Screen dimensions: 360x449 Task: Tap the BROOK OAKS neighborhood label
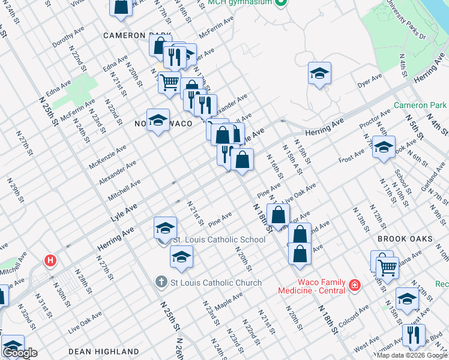[x=405, y=239]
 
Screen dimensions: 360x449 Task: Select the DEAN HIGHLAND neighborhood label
[x=104, y=352]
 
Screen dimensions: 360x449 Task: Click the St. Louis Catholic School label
[x=218, y=240]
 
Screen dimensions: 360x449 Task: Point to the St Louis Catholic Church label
[x=216, y=283]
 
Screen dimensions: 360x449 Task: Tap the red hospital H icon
[x=51, y=261]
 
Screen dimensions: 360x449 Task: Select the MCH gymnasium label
[x=243, y=3]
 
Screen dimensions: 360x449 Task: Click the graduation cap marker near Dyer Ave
[x=320, y=73]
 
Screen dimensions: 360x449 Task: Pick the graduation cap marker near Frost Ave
[x=384, y=146]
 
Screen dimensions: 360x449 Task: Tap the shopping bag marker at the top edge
[x=121, y=6]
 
